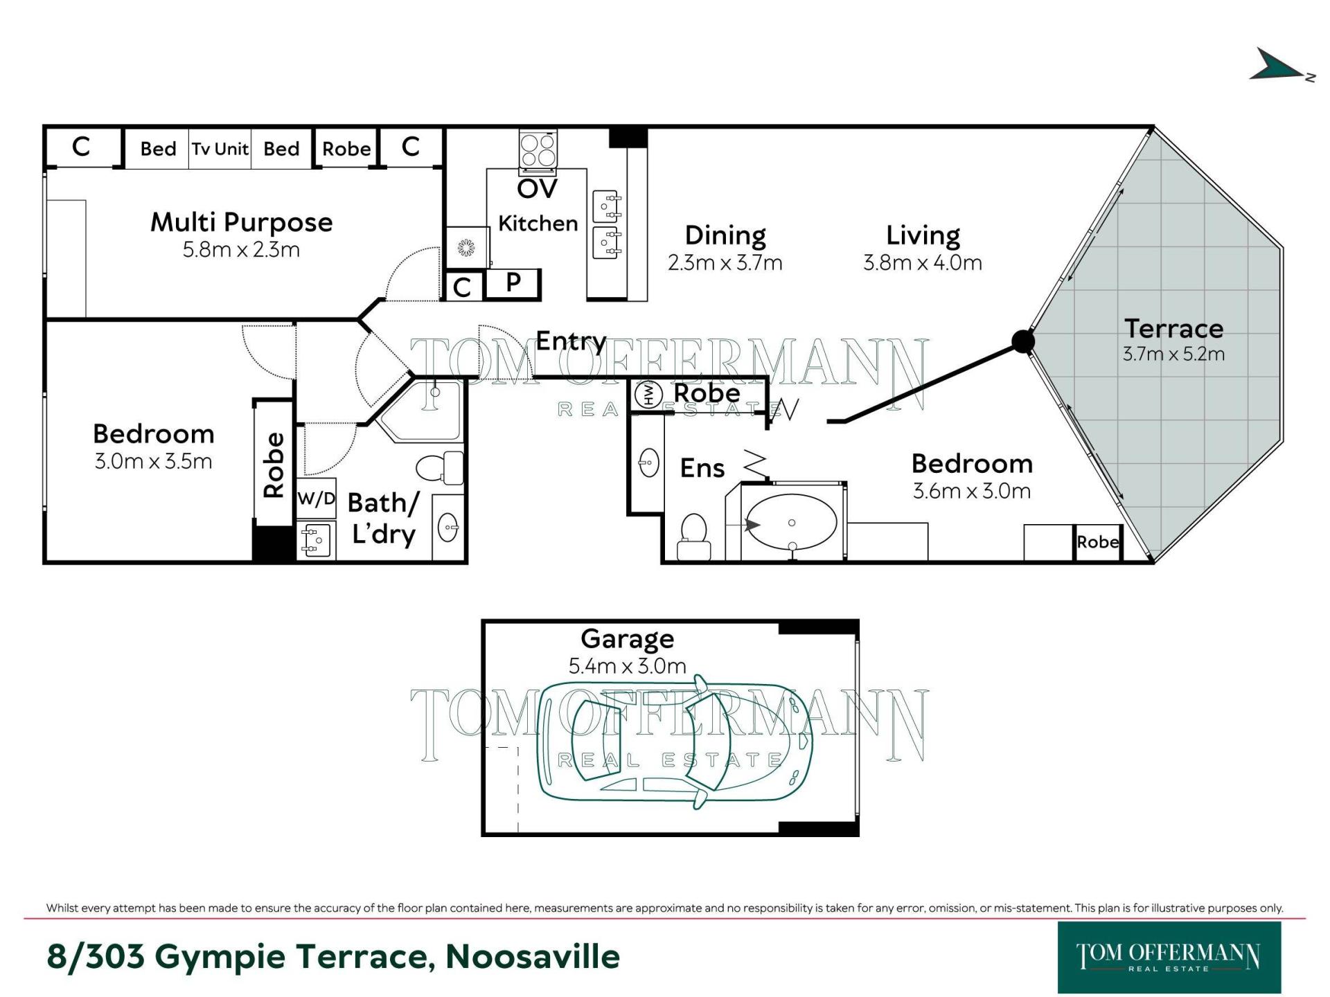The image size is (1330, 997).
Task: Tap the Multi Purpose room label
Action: click(242, 223)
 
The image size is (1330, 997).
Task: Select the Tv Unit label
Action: click(220, 149)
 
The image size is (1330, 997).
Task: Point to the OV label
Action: click(537, 188)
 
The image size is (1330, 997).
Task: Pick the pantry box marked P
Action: click(513, 284)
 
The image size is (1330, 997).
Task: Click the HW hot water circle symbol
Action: click(649, 395)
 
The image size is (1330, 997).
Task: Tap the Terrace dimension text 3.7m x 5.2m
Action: click(1173, 354)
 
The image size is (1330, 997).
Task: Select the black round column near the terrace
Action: click(1023, 341)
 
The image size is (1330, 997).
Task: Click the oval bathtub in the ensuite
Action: click(792, 523)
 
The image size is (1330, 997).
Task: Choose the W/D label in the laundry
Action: click(317, 498)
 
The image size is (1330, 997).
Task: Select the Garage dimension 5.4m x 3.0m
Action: click(627, 666)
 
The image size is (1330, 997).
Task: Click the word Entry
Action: click(571, 341)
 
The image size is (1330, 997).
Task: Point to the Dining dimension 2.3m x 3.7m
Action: click(725, 263)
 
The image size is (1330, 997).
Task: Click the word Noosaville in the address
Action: click(533, 957)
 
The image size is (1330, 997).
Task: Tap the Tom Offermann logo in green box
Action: click(1169, 958)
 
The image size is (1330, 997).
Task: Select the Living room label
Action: click(923, 236)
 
